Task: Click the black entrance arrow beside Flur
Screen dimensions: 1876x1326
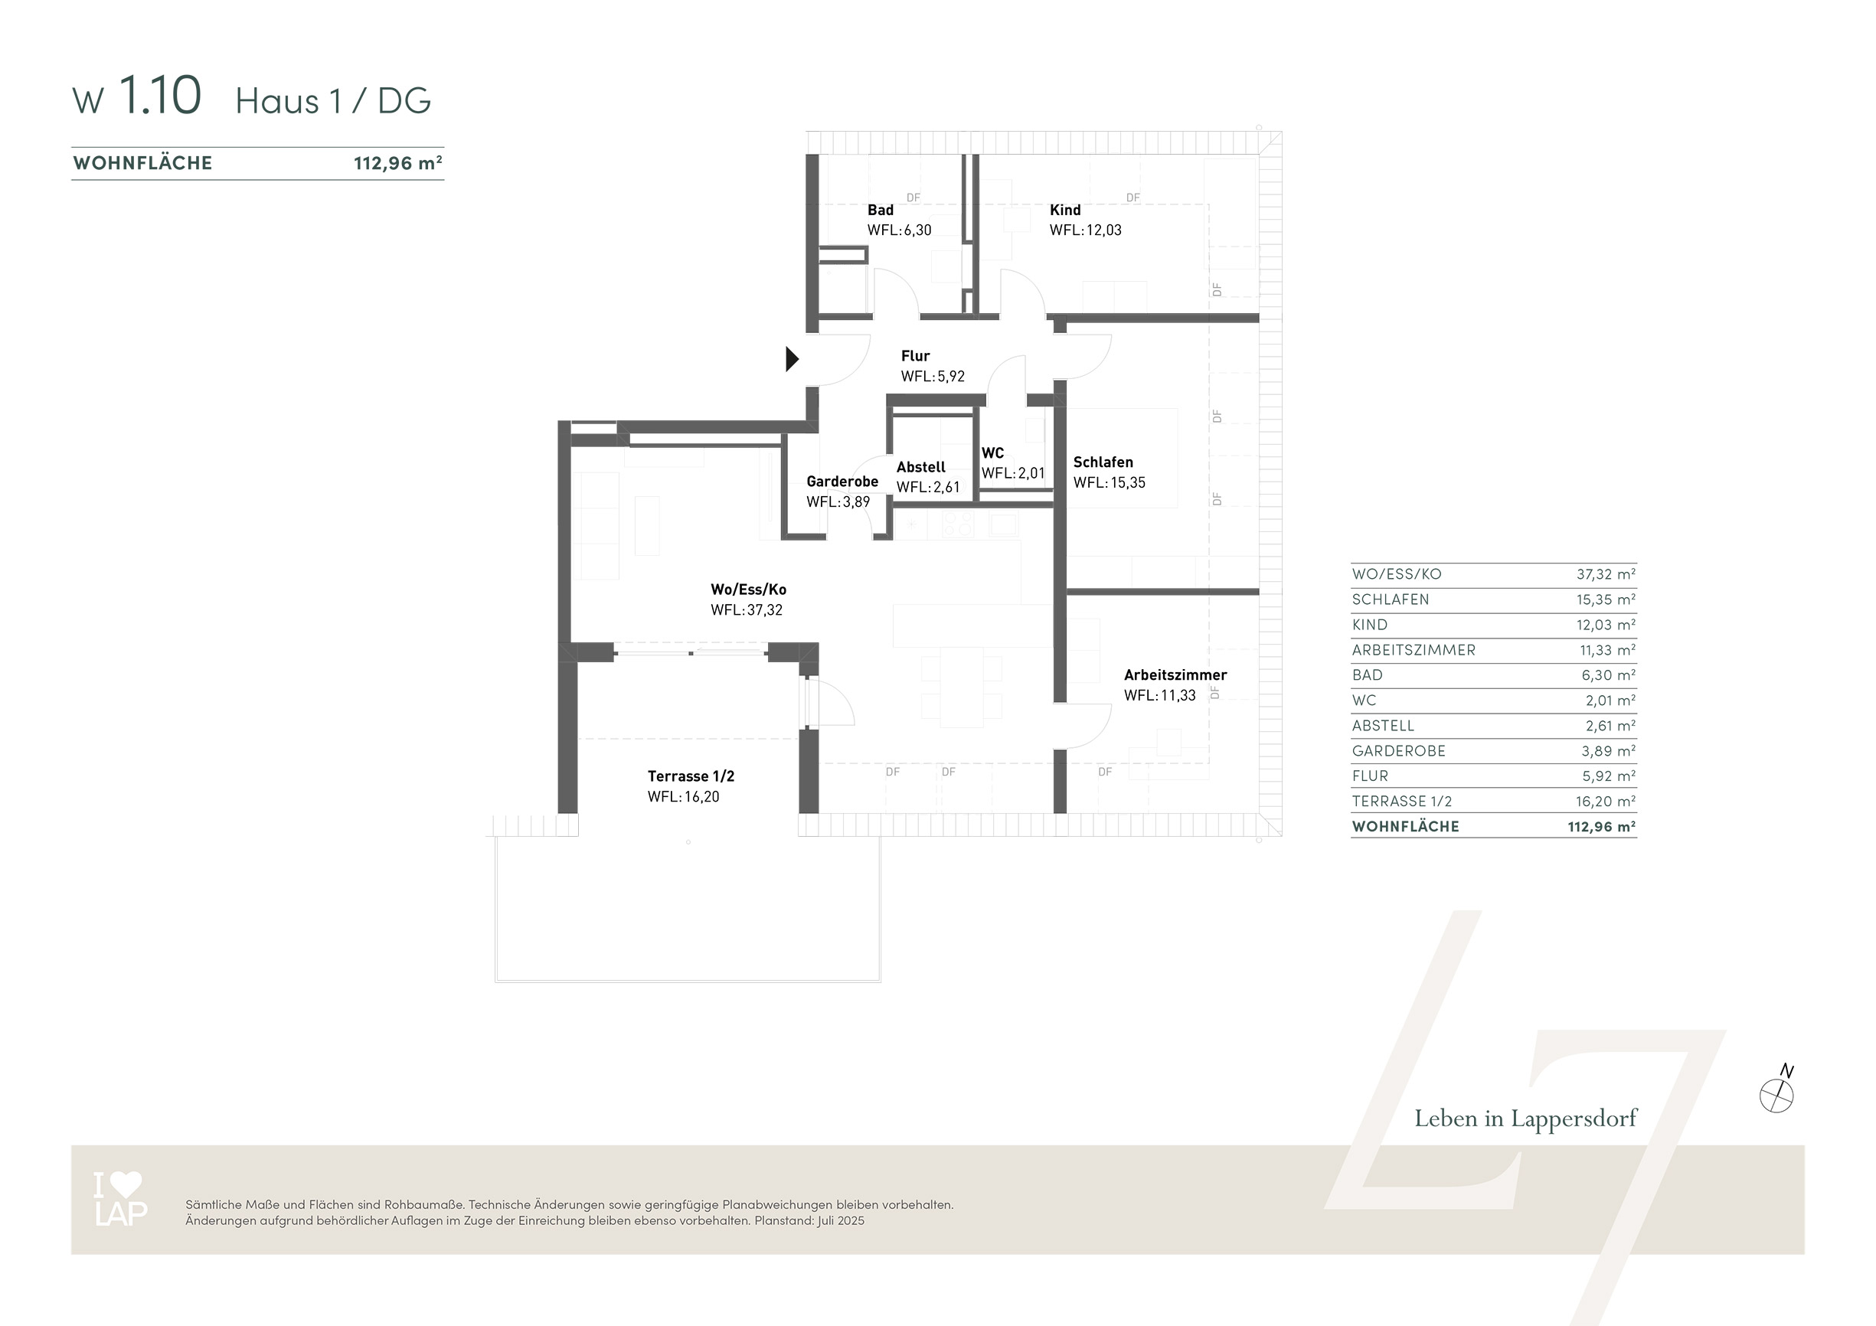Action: point(792,358)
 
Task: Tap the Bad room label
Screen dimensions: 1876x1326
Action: point(880,210)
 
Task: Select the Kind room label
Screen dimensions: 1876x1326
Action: point(1064,210)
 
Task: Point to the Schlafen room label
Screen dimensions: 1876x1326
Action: point(1103,462)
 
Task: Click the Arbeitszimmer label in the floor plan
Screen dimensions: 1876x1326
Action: point(1175,674)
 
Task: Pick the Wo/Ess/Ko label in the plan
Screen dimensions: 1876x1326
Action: point(748,589)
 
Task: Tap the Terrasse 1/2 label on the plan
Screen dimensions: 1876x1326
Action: point(691,776)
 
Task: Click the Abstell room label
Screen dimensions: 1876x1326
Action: point(921,467)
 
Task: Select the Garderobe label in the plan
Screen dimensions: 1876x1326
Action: point(842,482)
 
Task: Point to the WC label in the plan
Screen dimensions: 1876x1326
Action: point(992,452)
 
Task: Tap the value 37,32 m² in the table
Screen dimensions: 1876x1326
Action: point(1606,574)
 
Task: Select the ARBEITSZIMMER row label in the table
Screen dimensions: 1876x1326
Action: point(1414,650)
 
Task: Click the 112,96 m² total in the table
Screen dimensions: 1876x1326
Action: point(1601,827)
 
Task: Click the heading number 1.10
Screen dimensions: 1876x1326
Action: point(160,96)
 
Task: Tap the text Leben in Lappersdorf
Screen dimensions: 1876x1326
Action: point(1525,1119)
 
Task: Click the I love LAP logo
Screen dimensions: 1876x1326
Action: point(121,1199)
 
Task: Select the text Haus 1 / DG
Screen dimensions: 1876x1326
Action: point(333,101)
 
